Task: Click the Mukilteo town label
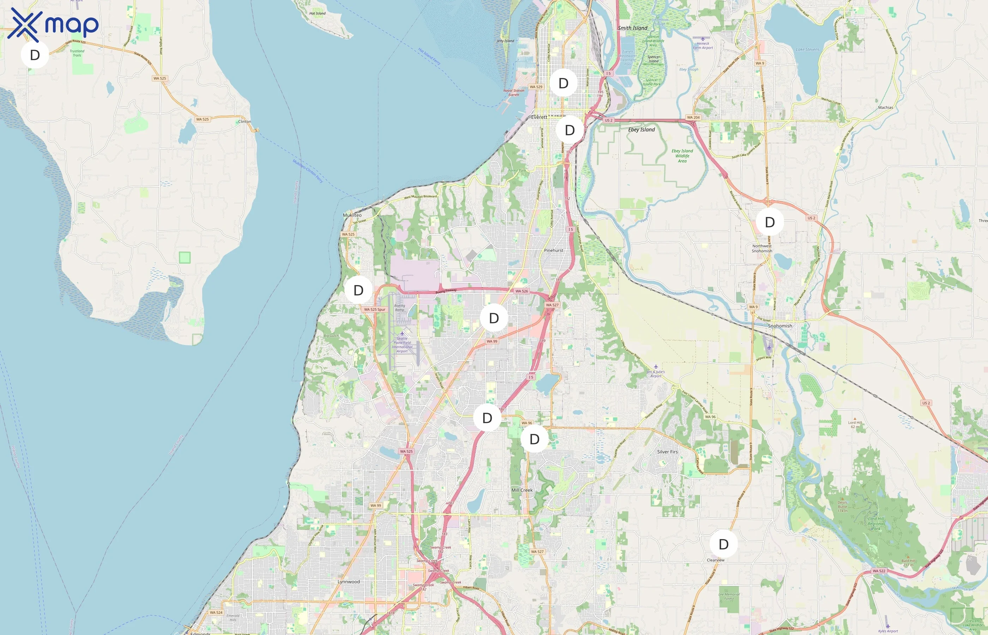pos(352,215)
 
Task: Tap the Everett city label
pos(539,117)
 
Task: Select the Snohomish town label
pos(780,326)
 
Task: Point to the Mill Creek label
pos(522,490)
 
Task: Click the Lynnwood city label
pos(348,582)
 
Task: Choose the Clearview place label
pos(716,560)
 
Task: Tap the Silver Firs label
pos(667,452)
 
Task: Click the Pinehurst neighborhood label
pos(553,250)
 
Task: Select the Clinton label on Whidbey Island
pos(245,122)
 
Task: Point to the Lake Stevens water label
pos(807,49)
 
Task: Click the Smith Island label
pos(633,28)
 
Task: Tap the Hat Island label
pos(317,13)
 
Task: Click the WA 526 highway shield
pos(522,291)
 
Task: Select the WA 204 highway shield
pos(693,117)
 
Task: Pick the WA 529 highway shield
pos(536,87)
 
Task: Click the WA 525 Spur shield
pos(374,310)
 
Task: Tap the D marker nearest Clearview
pos(723,544)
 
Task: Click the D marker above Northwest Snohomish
pos(770,222)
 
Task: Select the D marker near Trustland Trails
pos(35,55)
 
